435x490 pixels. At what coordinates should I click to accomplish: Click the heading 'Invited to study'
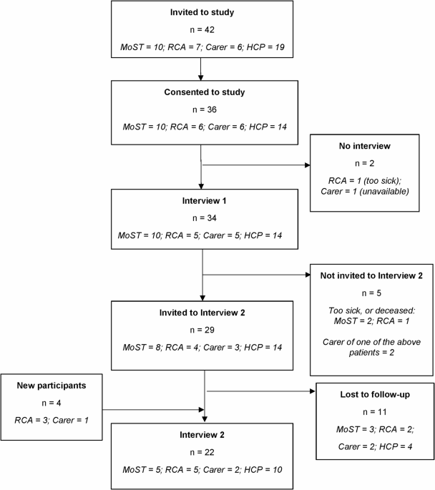[202, 12]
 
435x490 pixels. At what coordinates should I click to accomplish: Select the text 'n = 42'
[202, 30]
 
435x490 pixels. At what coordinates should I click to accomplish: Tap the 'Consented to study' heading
[205, 92]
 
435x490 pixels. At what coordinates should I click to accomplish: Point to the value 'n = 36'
[205, 109]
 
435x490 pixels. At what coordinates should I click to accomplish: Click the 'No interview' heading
[365, 146]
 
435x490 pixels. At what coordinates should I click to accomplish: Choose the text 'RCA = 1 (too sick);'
[365, 181]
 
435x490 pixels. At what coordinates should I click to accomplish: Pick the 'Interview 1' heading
[205, 200]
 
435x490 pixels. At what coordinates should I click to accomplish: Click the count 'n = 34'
[205, 218]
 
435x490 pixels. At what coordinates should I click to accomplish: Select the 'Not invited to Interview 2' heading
[371, 275]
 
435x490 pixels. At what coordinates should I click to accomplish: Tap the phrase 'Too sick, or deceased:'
[371, 310]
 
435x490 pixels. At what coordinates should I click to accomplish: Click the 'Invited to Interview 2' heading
[202, 313]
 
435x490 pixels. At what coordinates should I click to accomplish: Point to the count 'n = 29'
[202, 330]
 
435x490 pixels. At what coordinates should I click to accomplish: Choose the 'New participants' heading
[52, 386]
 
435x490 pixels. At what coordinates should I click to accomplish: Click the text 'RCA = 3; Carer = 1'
[52, 421]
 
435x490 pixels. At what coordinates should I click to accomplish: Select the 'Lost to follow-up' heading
[375, 395]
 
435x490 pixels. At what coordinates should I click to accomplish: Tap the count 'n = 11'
[375, 412]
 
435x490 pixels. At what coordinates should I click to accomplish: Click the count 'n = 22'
[202, 452]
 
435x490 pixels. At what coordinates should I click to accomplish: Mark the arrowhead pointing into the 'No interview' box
[308, 165]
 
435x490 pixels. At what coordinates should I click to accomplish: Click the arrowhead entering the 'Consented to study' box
[200, 78]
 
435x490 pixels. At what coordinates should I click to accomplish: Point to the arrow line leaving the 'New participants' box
[153, 410]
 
